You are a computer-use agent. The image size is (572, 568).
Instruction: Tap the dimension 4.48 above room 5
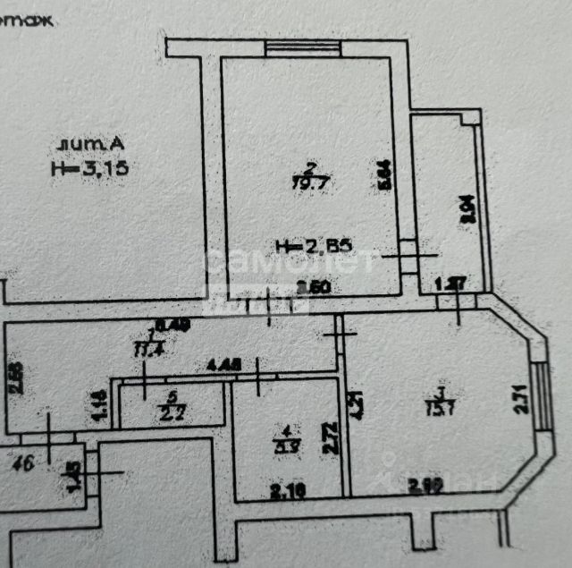(223, 365)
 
